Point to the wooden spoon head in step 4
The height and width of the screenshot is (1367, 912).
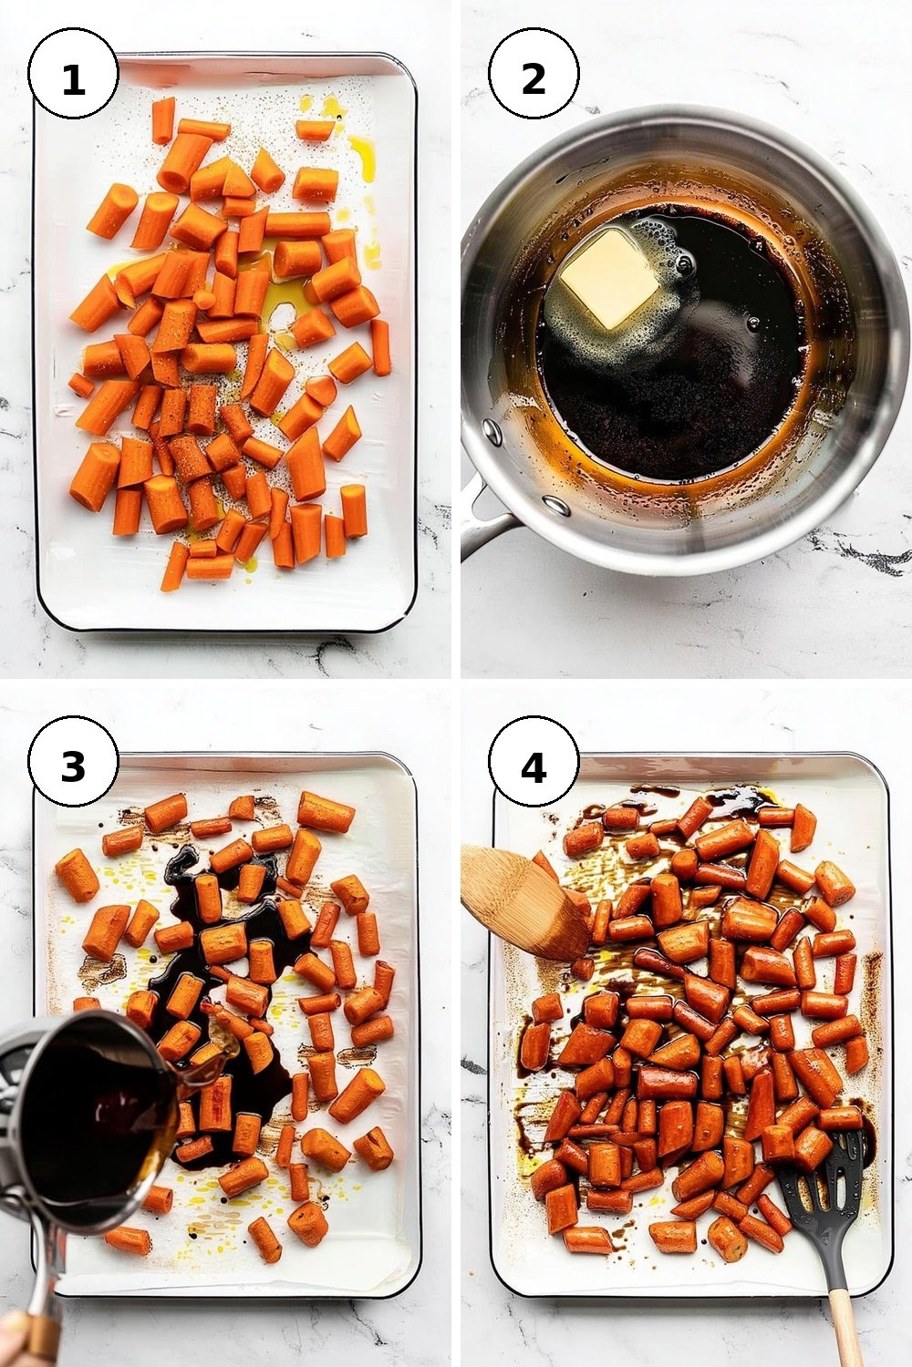(523, 900)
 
